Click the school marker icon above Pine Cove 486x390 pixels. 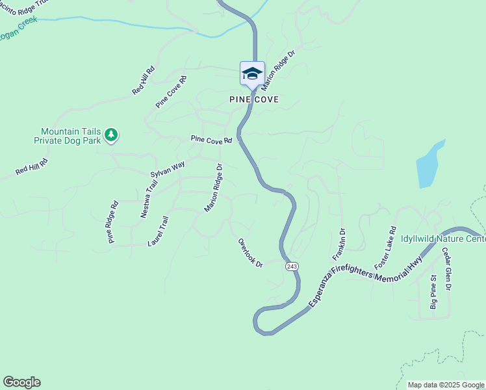pos(252,73)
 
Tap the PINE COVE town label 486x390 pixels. pos(254,99)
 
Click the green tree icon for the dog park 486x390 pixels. pos(112,135)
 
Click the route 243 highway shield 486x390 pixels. pos(291,266)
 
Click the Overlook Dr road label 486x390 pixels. pos(249,252)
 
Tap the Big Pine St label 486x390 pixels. pos(433,293)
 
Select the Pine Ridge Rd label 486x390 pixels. pos(113,222)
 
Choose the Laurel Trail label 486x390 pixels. pos(159,231)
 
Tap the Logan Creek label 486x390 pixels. pos(18,30)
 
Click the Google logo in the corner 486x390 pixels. pos(21,382)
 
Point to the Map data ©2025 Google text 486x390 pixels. pos(446,385)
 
